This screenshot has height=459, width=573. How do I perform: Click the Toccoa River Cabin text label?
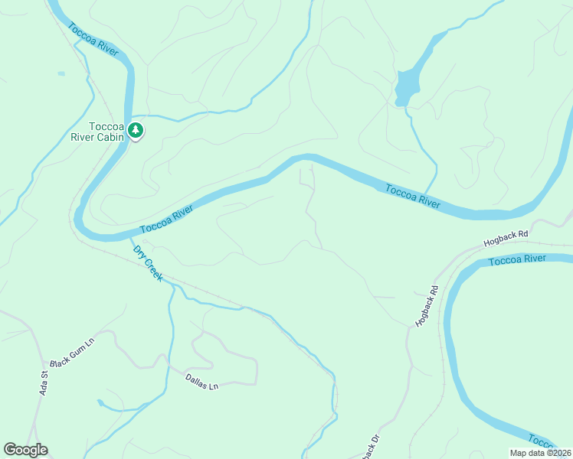click(97, 132)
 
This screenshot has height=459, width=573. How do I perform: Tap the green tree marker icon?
click(136, 131)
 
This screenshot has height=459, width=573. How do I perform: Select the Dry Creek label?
click(148, 263)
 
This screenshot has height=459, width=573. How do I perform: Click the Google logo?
click(25, 450)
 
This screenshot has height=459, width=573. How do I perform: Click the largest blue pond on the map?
click(407, 86)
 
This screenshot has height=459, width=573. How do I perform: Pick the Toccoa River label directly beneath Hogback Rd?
click(517, 259)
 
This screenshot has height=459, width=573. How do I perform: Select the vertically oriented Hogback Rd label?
click(427, 307)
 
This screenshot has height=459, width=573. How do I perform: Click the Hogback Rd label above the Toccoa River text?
click(506, 239)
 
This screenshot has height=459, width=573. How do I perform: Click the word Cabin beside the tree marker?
click(110, 138)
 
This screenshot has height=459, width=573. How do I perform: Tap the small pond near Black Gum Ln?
click(100, 402)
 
